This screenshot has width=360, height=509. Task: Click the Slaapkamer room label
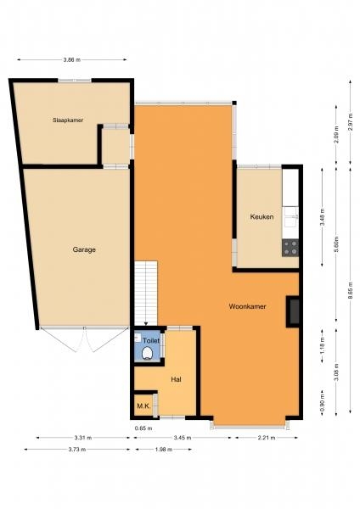[x=68, y=120]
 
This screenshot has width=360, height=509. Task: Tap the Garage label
[x=84, y=249]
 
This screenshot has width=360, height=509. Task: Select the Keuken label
[x=262, y=216]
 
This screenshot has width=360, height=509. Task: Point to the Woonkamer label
[x=247, y=306]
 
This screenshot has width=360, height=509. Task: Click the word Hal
[x=176, y=379]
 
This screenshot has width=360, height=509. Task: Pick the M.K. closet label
[x=143, y=406]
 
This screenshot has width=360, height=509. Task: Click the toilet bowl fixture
[x=148, y=353]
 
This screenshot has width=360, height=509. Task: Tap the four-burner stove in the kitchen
[x=290, y=248]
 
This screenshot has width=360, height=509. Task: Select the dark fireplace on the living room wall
[x=293, y=311]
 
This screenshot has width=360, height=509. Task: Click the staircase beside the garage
[x=146, y=293]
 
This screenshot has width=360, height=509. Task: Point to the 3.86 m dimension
[x=72, y=59]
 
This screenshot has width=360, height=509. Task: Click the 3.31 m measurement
[x=83, y=438]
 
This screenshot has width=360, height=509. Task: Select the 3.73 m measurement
[x=77, y=450]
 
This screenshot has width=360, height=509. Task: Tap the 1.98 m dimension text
[x=163, y=450]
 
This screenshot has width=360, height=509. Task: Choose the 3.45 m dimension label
[x=183, y=438]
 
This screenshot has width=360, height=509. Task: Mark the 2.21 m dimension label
[x=267, y=438]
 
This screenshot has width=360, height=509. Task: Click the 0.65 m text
[x=143, y=428]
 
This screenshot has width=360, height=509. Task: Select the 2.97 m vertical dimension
[x=351, y=121]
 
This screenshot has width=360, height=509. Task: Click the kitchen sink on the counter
[x=290, y=217]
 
